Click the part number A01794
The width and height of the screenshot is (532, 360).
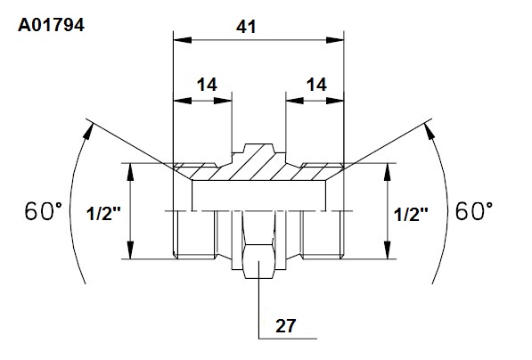[51, 25]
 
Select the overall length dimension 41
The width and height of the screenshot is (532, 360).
[246, 27]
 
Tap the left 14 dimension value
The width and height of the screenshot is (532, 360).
[207, 85]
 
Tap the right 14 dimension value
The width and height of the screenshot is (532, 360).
[316, 85]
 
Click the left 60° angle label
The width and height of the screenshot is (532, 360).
[44, 210]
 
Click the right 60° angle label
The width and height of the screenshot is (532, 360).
[474, 210]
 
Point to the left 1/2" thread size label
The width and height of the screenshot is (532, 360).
[103, 214]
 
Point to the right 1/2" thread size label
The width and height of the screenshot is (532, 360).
[411, 214]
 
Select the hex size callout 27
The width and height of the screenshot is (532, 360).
[285, 326]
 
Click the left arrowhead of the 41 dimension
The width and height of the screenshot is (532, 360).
[182, 40]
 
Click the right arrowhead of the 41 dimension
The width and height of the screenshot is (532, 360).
[335, 40]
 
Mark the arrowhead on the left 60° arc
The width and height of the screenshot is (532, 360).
[88, 131]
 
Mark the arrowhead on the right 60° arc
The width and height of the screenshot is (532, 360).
[430, 131]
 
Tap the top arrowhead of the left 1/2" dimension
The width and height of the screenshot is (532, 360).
[130, 172]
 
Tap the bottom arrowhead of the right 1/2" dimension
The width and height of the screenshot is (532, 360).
[388, 250]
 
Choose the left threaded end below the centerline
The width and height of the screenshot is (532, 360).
[194, 234]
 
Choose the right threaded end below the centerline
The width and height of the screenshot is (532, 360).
[323, 234]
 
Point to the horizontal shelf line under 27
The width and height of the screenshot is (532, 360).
[288, 339]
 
